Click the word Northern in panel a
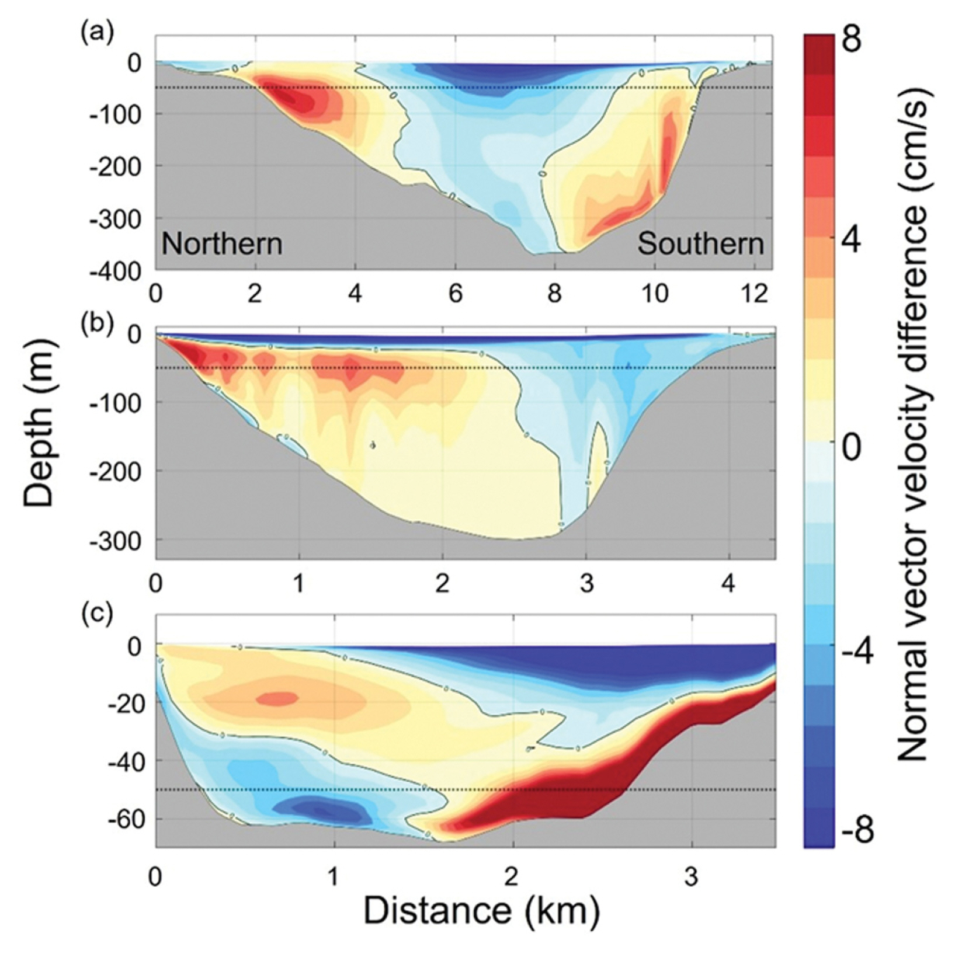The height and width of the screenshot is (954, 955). [222, 243]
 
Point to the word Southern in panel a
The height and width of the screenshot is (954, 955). [700, 243]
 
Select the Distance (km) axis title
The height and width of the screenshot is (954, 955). [482, 910]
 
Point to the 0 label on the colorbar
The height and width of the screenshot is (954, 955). [852, 447]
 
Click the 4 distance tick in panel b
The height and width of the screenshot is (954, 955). [728, 583]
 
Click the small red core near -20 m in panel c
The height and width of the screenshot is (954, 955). [278, 698]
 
